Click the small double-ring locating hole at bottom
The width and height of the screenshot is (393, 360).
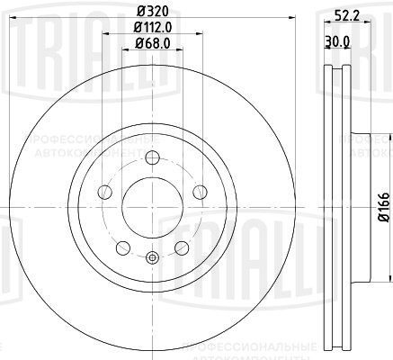tap(150, 260)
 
